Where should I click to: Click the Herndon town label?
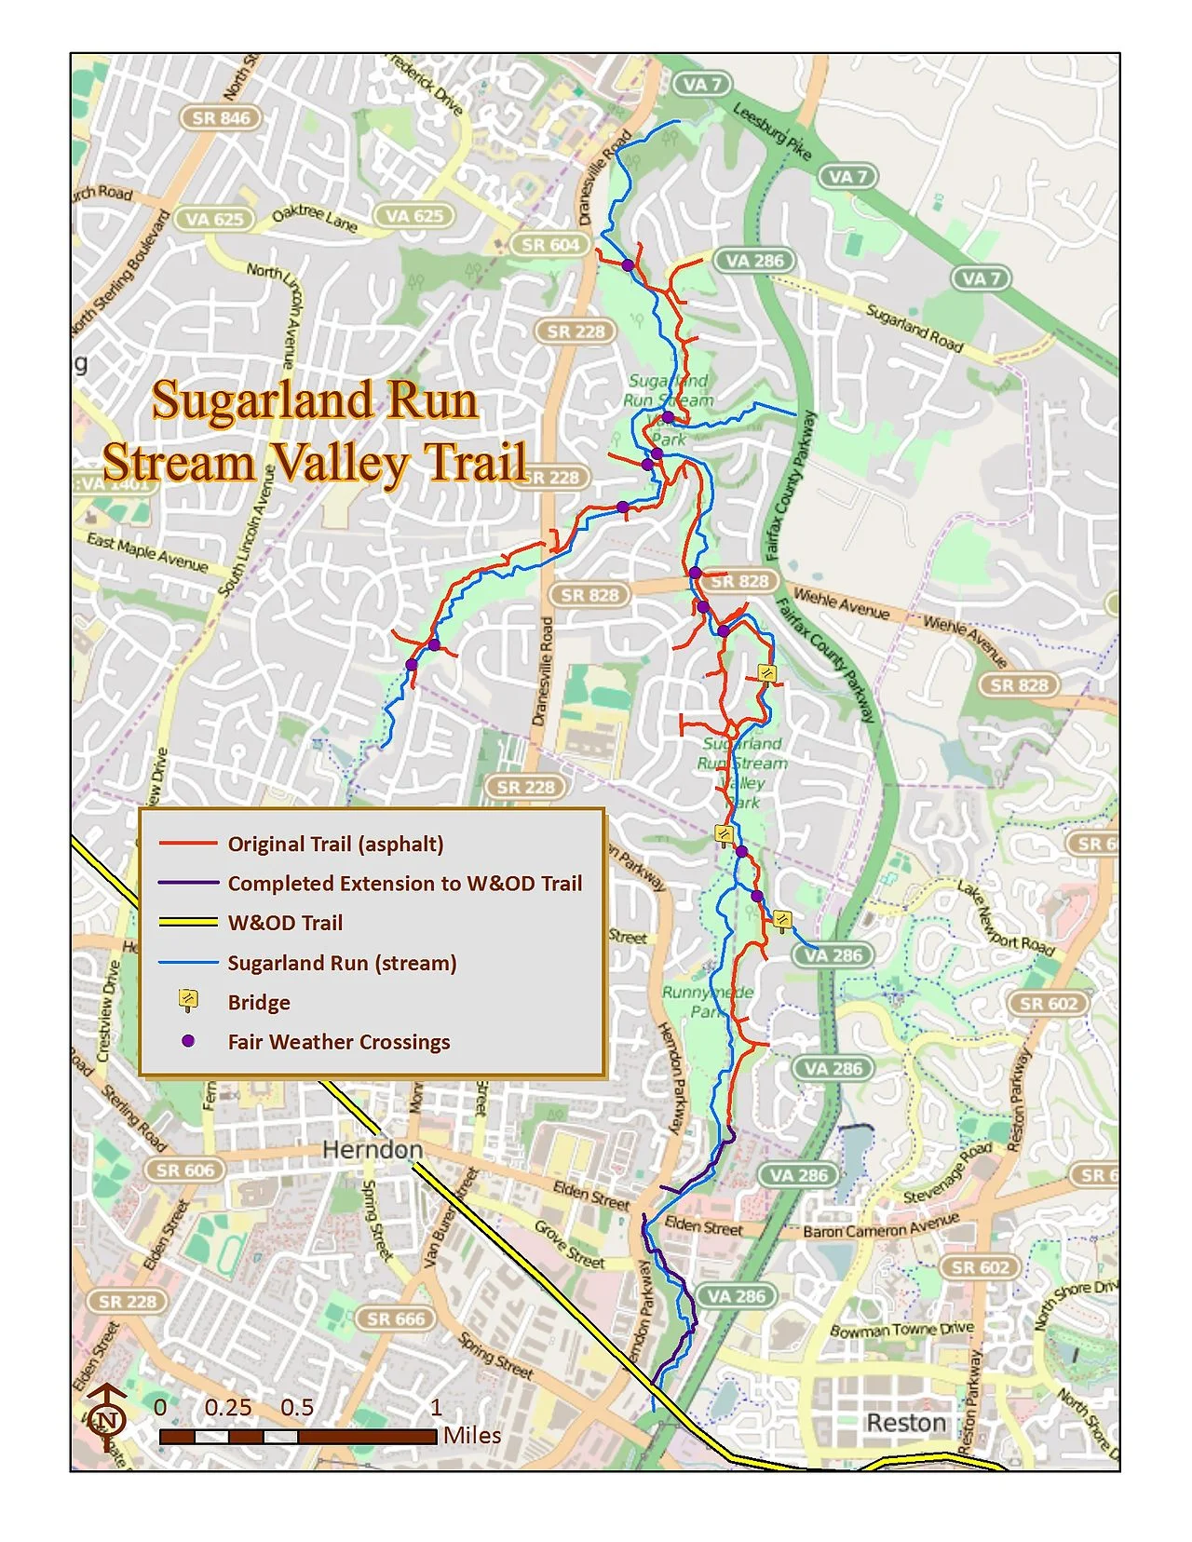pyautogui.click(x=372, y=1150)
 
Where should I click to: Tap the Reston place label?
pyautogui.click(x=905, y=1423)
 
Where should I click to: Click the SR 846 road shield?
pyautogui.click(x=221, y=118)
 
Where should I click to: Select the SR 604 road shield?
pyautogui.click(x=550, y=245)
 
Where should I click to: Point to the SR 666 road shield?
pyautogui.click(x=396, y=1319)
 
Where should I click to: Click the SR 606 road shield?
pyautogui.click(x=184, y=1170)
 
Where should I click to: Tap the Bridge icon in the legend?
pyautogui.click(x=188, y=1001)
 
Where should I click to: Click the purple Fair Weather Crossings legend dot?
pyautogui.click(x=188, y=1041)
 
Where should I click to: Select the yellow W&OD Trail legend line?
pyautogui.click(x=188, y=923)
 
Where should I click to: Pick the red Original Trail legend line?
pyautogui.click(x=188, y=844)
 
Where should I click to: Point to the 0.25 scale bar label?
pyautogui.click(x=228, y=1407)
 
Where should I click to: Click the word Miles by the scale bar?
pyautogui.click(x=472, y=1435)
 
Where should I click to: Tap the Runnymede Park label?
pyautogui.click(x=706, y=1002)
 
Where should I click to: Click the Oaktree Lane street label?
pyautogui.click(x=314, y=218)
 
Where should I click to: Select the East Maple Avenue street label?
pyautogui.click(x=147, y=552)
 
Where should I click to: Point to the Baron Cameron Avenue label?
pyautogui.click(x=880, y=1225)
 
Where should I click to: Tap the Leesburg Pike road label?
pyautogui.click(x=772, y=131)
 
